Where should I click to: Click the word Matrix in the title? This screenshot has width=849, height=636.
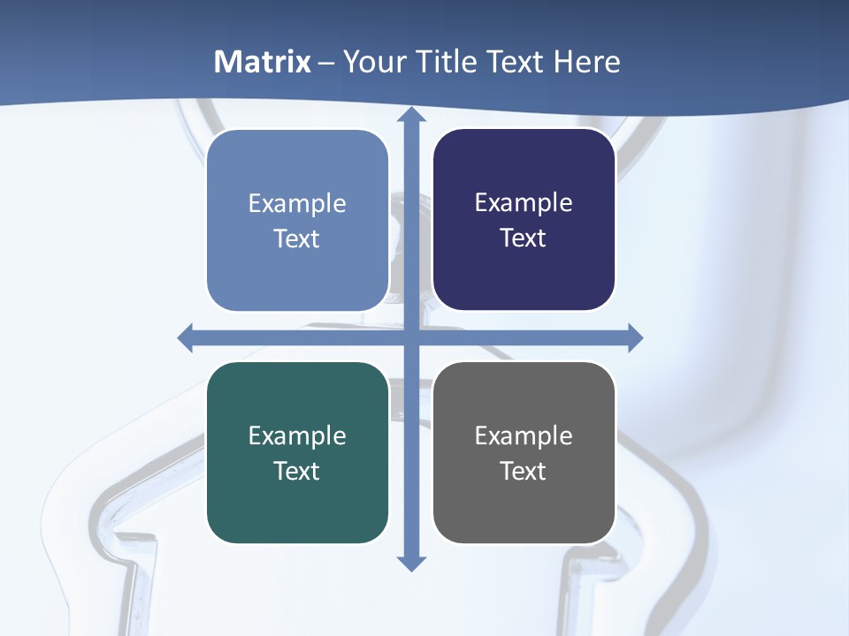(263, 62)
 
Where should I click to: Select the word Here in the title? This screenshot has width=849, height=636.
(587, 62)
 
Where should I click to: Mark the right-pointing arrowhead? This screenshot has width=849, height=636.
(634, 337)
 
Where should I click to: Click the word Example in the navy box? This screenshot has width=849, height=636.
(524, 203)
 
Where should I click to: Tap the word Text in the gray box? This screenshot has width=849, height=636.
(524, 471)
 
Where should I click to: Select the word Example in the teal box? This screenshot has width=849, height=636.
(297, 435)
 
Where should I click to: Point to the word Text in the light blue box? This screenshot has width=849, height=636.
(297, 238)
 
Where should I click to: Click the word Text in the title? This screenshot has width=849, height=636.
(516, 62)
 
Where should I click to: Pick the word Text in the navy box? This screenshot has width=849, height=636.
(524, 238)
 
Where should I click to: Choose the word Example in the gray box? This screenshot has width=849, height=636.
(524, 435)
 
